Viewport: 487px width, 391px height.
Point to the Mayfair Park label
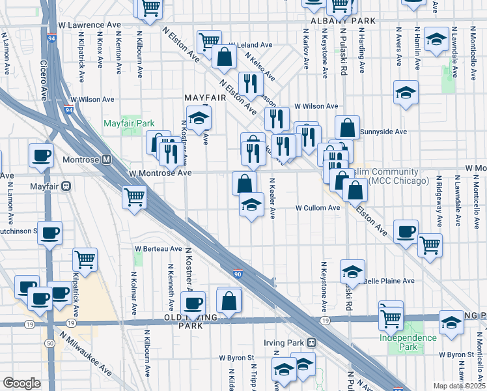129,123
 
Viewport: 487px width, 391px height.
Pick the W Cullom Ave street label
318,208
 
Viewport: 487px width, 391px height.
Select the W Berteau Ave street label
158,249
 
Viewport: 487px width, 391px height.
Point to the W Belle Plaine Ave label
391,281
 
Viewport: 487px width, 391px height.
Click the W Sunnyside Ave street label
383,131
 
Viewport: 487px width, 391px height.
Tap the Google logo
21,383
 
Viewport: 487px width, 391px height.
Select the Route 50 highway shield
50,343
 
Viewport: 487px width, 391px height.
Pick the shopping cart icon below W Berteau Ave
85,259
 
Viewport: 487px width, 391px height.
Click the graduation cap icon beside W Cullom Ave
251,205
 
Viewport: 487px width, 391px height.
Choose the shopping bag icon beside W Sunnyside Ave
348,126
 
